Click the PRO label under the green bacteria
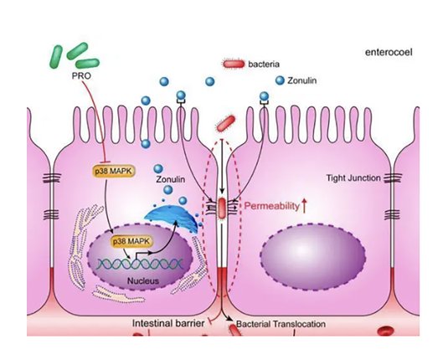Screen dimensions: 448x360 coord(81,76)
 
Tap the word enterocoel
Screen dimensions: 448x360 coord(389,53)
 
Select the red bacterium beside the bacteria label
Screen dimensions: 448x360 coord(234,64)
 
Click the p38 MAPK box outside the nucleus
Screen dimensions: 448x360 coord(114,171)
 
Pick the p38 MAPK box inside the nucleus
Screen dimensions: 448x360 coord(131,241)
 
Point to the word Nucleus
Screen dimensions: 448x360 coord(143,280)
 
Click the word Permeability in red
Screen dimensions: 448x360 coord(271,206)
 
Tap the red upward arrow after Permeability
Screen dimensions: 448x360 coord(304,206)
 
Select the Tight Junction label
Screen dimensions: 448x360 coord(353,178)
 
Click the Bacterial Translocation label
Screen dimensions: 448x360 coord(281,324)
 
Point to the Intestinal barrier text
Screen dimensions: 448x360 coord(168,323)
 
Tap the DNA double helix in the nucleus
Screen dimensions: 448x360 coord(140,264)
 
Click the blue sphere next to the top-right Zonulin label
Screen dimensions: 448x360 coord(280,80)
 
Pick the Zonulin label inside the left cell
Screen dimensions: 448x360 coord(171,179)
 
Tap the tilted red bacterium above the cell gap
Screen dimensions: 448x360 coord(225,124)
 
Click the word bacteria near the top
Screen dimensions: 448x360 coord(264,64)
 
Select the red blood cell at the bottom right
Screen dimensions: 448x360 coord(386,332)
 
